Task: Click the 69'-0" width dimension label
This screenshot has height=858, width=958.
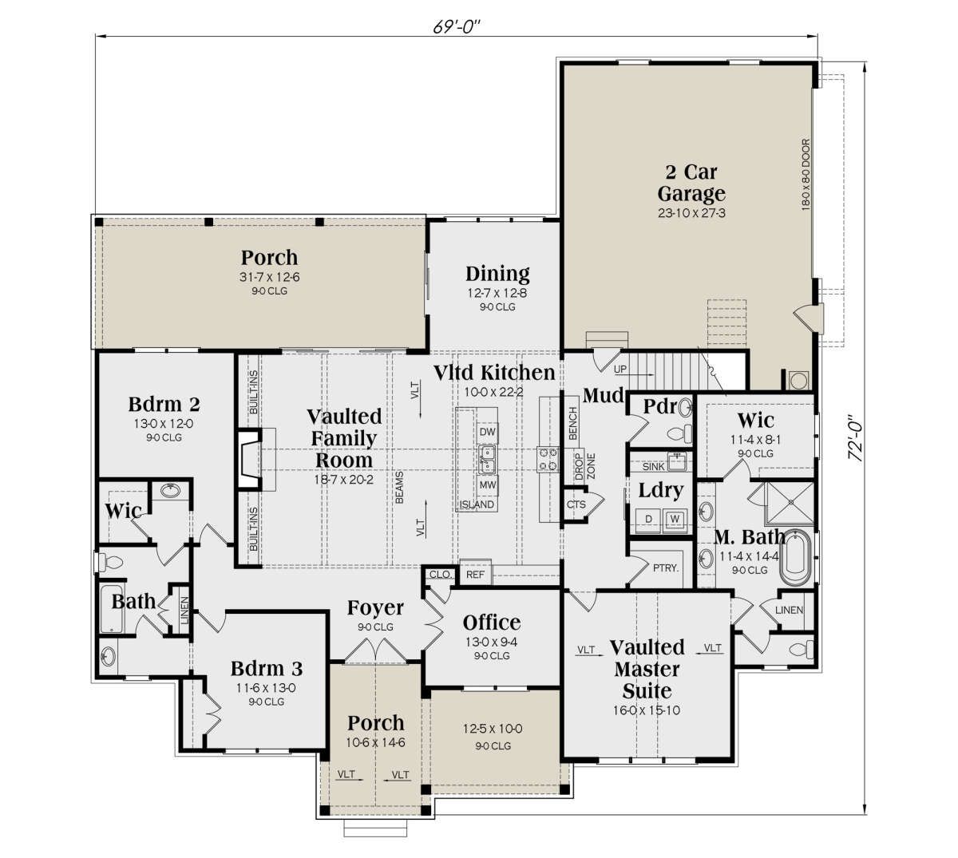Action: coord(457,26)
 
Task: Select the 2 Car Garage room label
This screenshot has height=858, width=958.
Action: coord(691,183)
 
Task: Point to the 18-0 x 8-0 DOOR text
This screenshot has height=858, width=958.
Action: coord(806,175)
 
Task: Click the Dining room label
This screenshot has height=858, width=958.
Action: coord(497,274)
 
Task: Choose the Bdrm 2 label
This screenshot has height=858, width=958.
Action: coord(164,404)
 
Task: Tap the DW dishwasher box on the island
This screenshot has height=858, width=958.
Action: coord(487,432)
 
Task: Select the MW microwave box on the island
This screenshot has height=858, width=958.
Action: coord(487,484)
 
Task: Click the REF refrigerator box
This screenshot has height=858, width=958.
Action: coord(475,574)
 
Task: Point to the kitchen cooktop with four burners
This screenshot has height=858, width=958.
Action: coord(548,460)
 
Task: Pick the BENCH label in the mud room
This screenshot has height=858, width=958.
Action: coord(572,424)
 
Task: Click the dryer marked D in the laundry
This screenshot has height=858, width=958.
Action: coord(648,519)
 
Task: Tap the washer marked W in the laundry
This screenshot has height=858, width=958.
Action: coord(675,519)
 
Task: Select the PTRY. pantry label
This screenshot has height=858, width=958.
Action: coord(666,567)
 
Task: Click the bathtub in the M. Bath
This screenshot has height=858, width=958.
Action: coord(795,557)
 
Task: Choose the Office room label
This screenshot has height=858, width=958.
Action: coord(492,623)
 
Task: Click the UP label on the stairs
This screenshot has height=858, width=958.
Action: coord(620,369)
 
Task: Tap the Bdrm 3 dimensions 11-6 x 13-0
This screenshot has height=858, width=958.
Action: coord(266,687)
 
